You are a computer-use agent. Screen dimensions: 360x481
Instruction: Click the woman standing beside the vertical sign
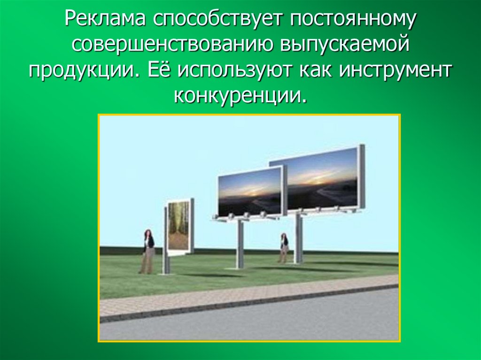click(148, 251)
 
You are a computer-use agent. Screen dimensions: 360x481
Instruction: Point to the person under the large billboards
click(284, 247)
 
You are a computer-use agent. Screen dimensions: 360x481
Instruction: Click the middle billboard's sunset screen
click(250, 191)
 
